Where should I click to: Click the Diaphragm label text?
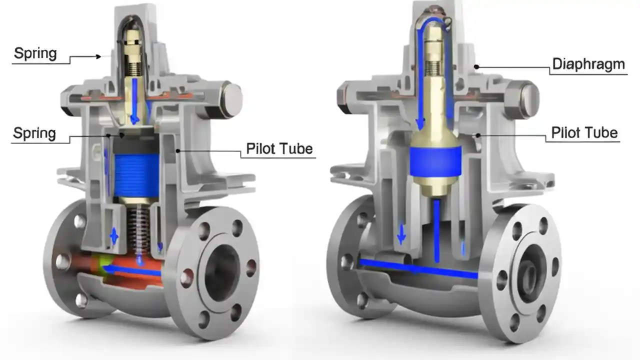pyautogui.click(x=588, y=64)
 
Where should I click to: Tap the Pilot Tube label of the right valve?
pyautogui.click(x=584, y=133)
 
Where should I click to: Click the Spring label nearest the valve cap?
pyautogui.click(x=35, y=53)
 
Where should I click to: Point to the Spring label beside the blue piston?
pyautogui.click(x=34, y=133)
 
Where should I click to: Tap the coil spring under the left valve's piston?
pyautogui.click(x=138, y=225)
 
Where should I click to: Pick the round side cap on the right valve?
pyautogui.click(x=526, y=96)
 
